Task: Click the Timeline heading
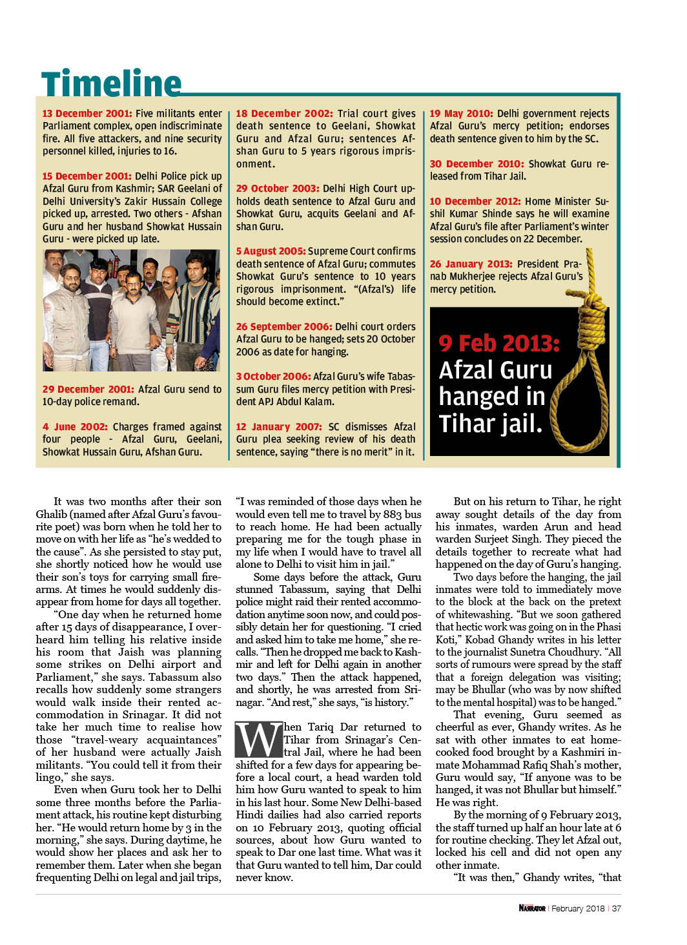click(111, 84)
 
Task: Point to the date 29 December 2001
click(88, 389)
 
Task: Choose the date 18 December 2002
click(284, 114)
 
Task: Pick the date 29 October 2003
click(277, 189)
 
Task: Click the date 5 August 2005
click(271, 251)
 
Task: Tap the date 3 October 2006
click(273, 377)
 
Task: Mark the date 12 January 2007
click(278, 427)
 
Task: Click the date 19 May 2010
click(461, 114)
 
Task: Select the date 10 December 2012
click(475, 202)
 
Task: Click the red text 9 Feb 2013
click(499, 343)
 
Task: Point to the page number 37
click(617, 908)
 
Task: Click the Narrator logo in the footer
click(532, 908)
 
